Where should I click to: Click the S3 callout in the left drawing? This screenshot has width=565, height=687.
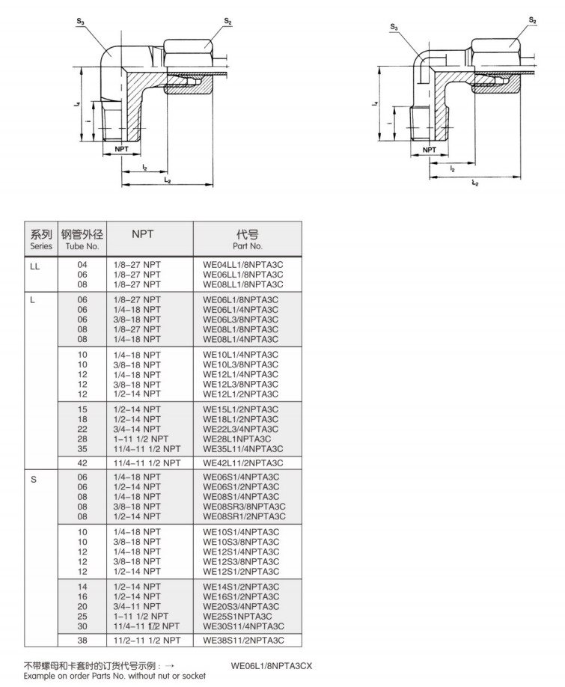tap(80, 22)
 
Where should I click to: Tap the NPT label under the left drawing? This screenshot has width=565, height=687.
tap(122, 149)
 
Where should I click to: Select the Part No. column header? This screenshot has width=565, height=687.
tap(248, 239)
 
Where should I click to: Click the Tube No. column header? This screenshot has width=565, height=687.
tap(82, 239)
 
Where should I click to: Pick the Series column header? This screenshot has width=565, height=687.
tap(41, 239)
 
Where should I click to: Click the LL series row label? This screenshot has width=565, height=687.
tap(34, 265)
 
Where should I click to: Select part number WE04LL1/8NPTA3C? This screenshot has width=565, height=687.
tap(243, 265)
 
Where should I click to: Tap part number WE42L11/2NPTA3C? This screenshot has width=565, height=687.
tap(243, 462)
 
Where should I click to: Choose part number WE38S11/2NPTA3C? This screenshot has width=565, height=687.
tap(243, 640)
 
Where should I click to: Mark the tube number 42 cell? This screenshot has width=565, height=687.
tap(82, 462)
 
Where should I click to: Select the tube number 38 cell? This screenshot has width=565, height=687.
tap(82, 640)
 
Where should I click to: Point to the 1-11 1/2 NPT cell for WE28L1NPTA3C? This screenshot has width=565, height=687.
tap(141, 439)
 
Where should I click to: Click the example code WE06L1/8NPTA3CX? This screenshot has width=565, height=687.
tap(271, 665)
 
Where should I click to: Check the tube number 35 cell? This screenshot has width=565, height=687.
tap(82, 449)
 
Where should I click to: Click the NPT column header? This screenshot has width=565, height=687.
tap(142, 234)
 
